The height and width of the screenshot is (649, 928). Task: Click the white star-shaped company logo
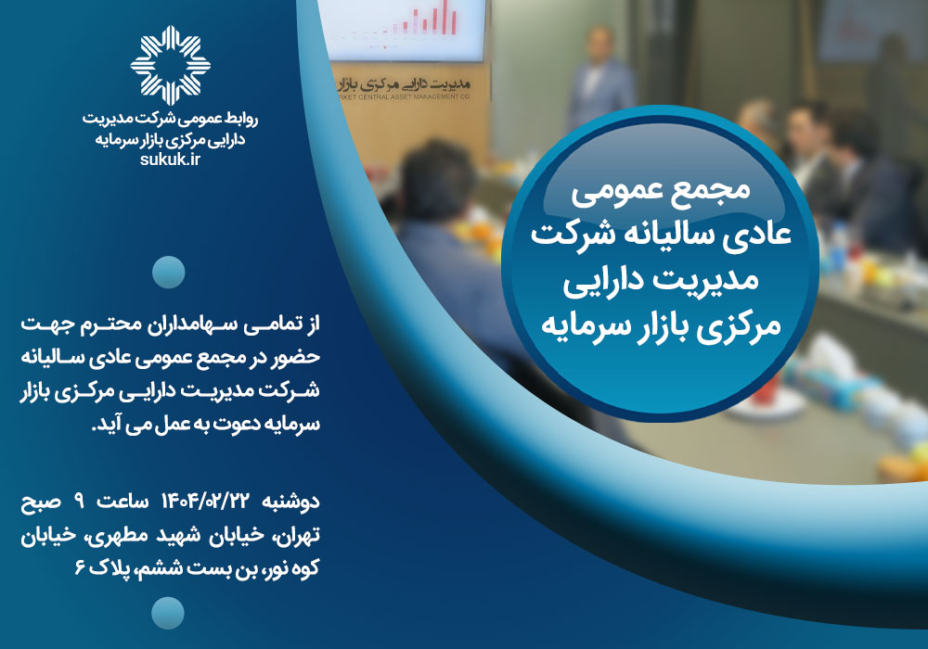coord(171,66)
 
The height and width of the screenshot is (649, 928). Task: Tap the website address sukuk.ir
coord(171,159)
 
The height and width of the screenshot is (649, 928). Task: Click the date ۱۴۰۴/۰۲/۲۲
coord(204,502)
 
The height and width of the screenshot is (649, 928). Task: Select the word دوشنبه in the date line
coord(290,502)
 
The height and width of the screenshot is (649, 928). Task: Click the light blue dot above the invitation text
coord(169,273)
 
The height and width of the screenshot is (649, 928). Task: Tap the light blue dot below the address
coord(168,613)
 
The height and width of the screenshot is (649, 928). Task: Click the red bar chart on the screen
coord(425,19)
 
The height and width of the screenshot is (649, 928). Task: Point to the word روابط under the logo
coord(242,119)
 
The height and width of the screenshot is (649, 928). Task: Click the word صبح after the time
coord(41,502)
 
